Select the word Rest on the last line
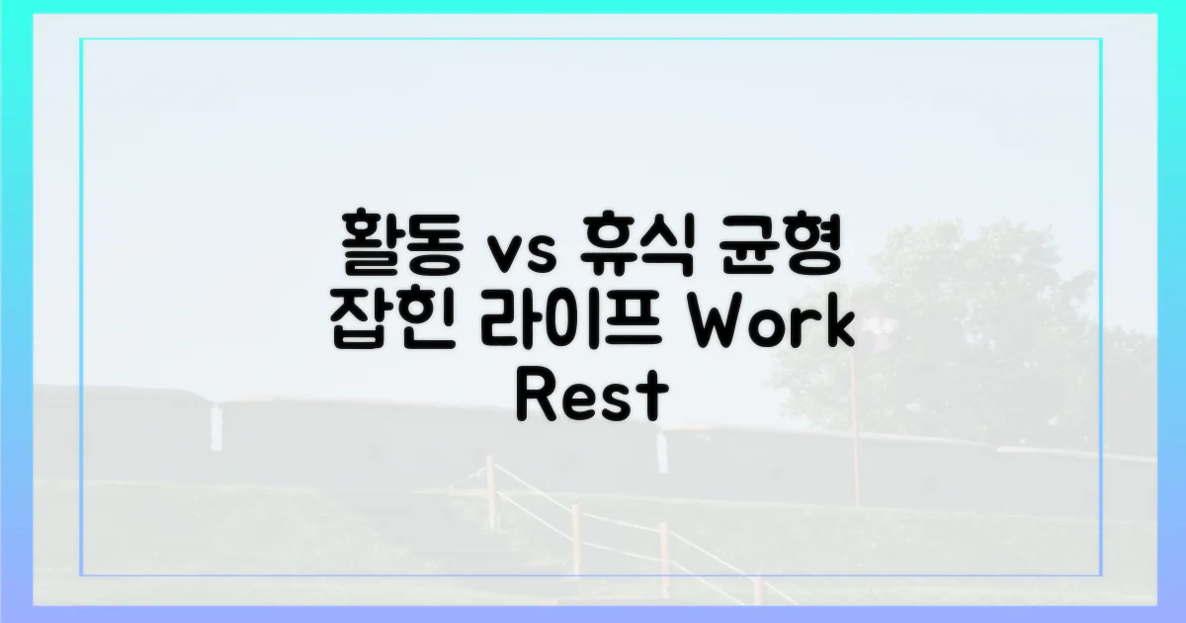[587, 397]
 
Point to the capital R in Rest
[535, 397]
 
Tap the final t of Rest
[647, 398]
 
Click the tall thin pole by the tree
[854, 435]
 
